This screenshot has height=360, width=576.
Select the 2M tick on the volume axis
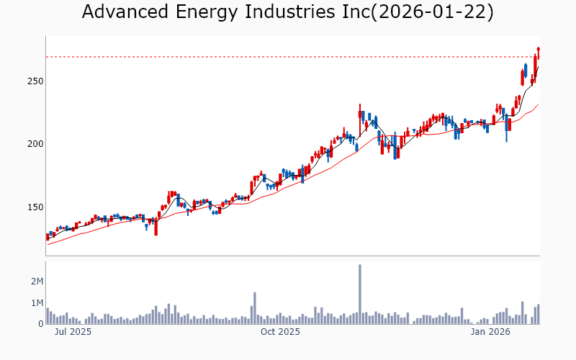tap(36, 282)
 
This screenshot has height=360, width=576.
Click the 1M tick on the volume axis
tap(36, 303)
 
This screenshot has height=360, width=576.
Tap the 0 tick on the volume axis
tap(40, 324)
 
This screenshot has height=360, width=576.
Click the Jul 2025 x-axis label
tap(73, 333)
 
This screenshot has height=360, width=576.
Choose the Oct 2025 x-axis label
tap(279, 333)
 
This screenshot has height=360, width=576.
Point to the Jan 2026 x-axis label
tap(490, 333)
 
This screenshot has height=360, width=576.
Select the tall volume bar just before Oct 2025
tap(255, 308)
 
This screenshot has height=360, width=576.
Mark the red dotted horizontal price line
tap(288, 57)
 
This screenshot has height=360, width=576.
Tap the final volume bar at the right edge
tap(538, 315)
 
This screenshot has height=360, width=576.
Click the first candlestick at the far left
tap(48, 236)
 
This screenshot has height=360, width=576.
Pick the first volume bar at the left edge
tap(48, 316)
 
